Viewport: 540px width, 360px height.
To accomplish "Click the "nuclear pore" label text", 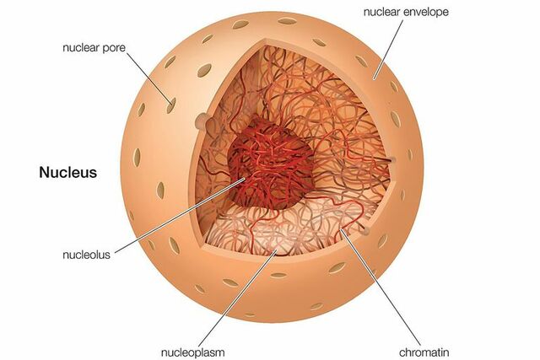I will (x=94, y=48).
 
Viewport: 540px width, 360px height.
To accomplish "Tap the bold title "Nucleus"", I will (x=68, y=173).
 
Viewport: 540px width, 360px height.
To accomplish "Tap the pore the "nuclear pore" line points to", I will (x=171, y=105).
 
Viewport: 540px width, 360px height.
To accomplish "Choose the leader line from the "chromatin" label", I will (x=383, y=287).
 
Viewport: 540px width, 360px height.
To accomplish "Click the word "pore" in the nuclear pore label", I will (x=114, y=48).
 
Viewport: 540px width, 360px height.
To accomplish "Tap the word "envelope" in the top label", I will (x=424, y=12).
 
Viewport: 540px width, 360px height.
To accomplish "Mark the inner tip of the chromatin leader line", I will (x=341, y=229).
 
